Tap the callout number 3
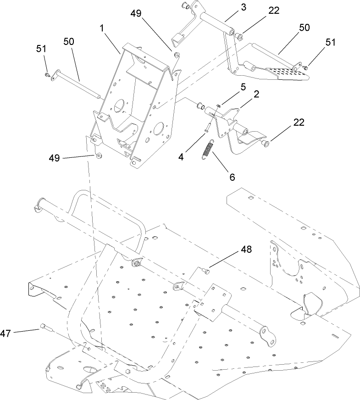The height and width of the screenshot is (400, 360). click(231, 8)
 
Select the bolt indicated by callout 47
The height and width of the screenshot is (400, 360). click(44, 327)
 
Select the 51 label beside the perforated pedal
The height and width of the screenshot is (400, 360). click(331, 42)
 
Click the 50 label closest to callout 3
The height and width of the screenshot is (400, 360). click(304, 28)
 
